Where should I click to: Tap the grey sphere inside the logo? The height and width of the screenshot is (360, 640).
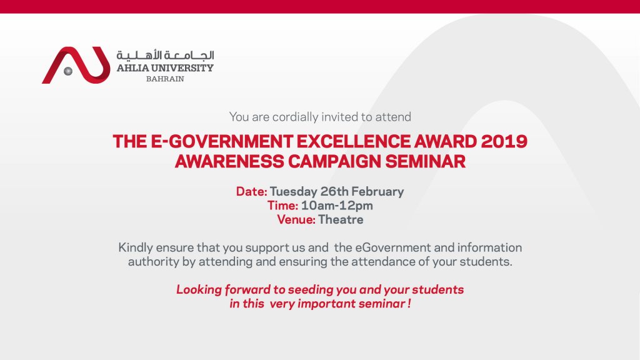(x=68, y=71)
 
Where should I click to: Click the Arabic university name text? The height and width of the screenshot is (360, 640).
(x=165, y=55)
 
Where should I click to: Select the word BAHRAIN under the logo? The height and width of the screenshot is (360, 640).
(x=165, y=79)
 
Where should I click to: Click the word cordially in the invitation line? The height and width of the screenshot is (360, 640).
(x=296, y=117)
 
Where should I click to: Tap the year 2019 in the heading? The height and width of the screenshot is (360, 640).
(x=504, y=142)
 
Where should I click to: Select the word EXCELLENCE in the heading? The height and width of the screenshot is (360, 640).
(x=354, y=142)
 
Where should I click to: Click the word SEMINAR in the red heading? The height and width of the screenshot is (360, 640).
(x=425, y=162)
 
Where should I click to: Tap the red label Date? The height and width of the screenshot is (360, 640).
(x=251, y=191)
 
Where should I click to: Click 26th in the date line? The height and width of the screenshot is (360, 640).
(x=334, y=191)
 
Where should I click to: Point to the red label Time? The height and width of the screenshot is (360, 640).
(x=282, y=205)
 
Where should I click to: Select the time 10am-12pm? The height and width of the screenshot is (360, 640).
(x=337, y=206)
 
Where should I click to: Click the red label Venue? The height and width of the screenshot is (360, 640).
(x=296, y=219)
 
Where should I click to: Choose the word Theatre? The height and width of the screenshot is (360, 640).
(x=341, y=219)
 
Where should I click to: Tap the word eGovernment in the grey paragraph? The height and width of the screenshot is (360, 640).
(x=392, y=247)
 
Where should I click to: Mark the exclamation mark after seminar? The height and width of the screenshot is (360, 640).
(x=409, y=304)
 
